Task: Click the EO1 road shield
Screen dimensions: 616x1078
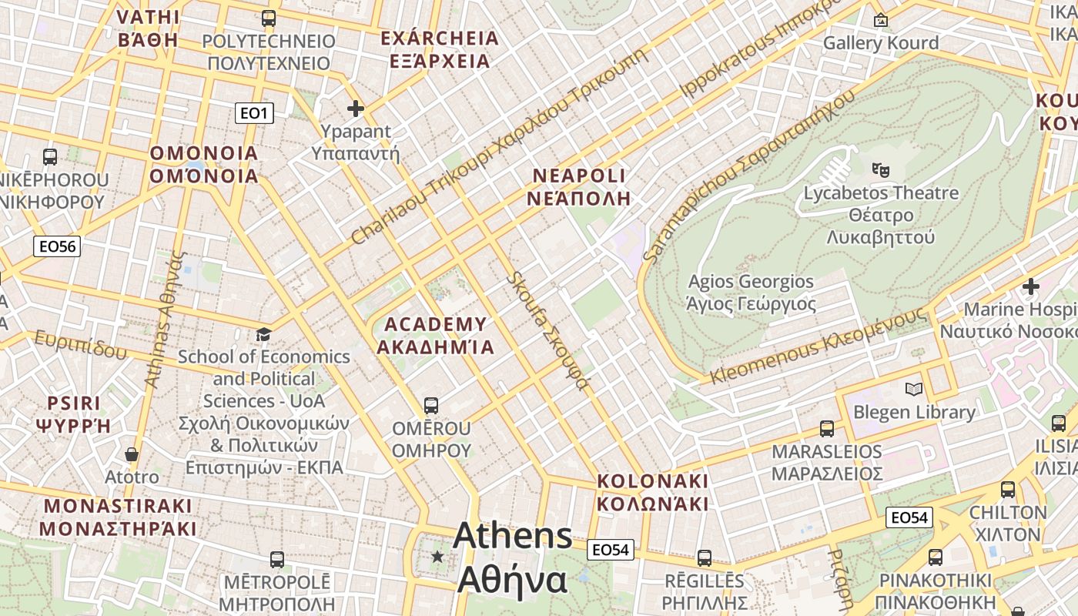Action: click(x=254, y=114)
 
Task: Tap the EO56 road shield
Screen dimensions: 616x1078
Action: click(x=58, y=246)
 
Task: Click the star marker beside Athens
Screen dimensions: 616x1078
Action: click(x=438, y=556)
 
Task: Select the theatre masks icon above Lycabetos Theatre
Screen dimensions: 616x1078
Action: click(x=880, y=169)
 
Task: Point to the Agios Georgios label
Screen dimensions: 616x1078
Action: click(x=751, y=293)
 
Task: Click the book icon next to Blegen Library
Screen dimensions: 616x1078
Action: click(x=914, y=390)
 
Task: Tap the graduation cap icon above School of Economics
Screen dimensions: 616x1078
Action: click(x=264, y=334)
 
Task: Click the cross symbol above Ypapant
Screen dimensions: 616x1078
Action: click(x=355, y=109)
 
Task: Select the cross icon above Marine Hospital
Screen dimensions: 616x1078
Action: click(x=1030, y=287)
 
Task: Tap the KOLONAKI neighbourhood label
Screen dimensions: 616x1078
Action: click(x=653, y=492)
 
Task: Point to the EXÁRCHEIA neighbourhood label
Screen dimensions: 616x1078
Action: click(x=440, y=49)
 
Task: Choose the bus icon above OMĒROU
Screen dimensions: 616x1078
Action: click(x=431, y=405)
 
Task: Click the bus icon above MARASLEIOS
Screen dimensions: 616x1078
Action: click(x=827, y=428)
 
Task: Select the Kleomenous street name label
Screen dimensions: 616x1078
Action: click(x=817, y=346)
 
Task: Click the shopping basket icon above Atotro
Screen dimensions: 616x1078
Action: click(x=132, y=454)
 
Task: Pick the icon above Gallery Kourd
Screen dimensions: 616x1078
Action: click(x=880, y=20)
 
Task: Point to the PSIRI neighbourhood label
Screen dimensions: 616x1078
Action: click(x=74, y=414)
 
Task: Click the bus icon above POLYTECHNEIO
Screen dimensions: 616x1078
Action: click(x=269, y=18)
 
